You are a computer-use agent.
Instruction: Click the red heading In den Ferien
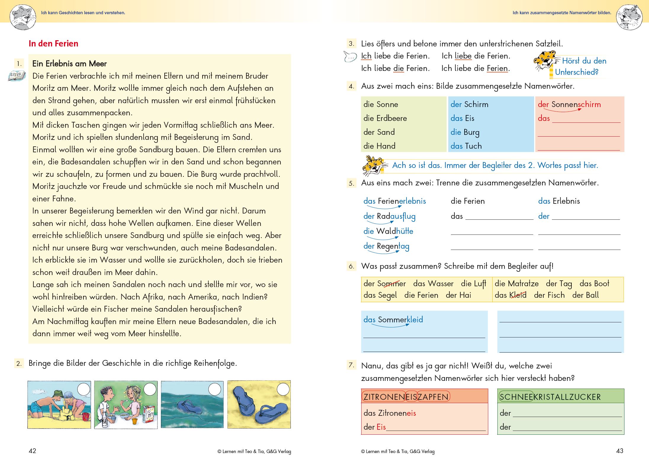[53, 44]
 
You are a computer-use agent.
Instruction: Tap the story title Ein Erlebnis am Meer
[69, 64]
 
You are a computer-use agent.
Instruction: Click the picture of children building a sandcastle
[59, 405]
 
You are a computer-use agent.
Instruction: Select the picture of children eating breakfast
[126, 405]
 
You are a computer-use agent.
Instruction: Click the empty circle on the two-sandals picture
[283, 389]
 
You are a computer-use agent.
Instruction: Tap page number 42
[32, 451]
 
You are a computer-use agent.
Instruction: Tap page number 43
[619, 451]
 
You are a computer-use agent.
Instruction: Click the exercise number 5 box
[351, 183]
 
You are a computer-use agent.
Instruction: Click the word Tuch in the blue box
[473, 146]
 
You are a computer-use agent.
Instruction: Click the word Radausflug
[396, 216]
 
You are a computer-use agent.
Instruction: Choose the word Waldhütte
[395, 231]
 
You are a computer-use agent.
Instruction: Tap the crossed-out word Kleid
[518, 295]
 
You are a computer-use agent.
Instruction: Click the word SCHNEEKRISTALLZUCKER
[550, 397]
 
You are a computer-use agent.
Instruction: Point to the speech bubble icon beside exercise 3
[350, 56]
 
